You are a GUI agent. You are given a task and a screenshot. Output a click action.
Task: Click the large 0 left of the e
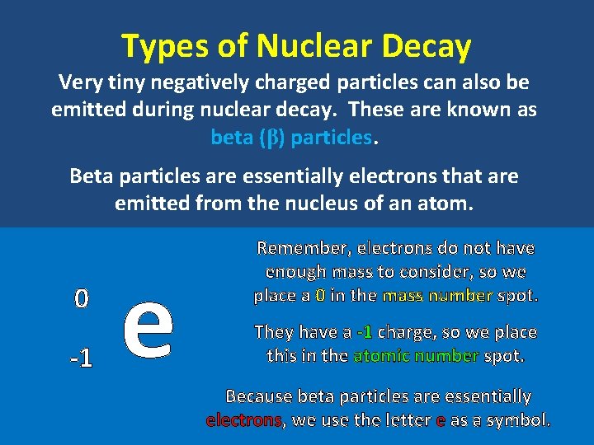(80, 298)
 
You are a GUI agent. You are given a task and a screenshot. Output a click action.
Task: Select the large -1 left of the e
(80, 358)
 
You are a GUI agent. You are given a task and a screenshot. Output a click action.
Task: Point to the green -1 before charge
(364, 332)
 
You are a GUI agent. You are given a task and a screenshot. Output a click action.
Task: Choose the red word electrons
(244, 420)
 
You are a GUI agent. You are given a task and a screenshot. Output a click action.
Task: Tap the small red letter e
(441, 420)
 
